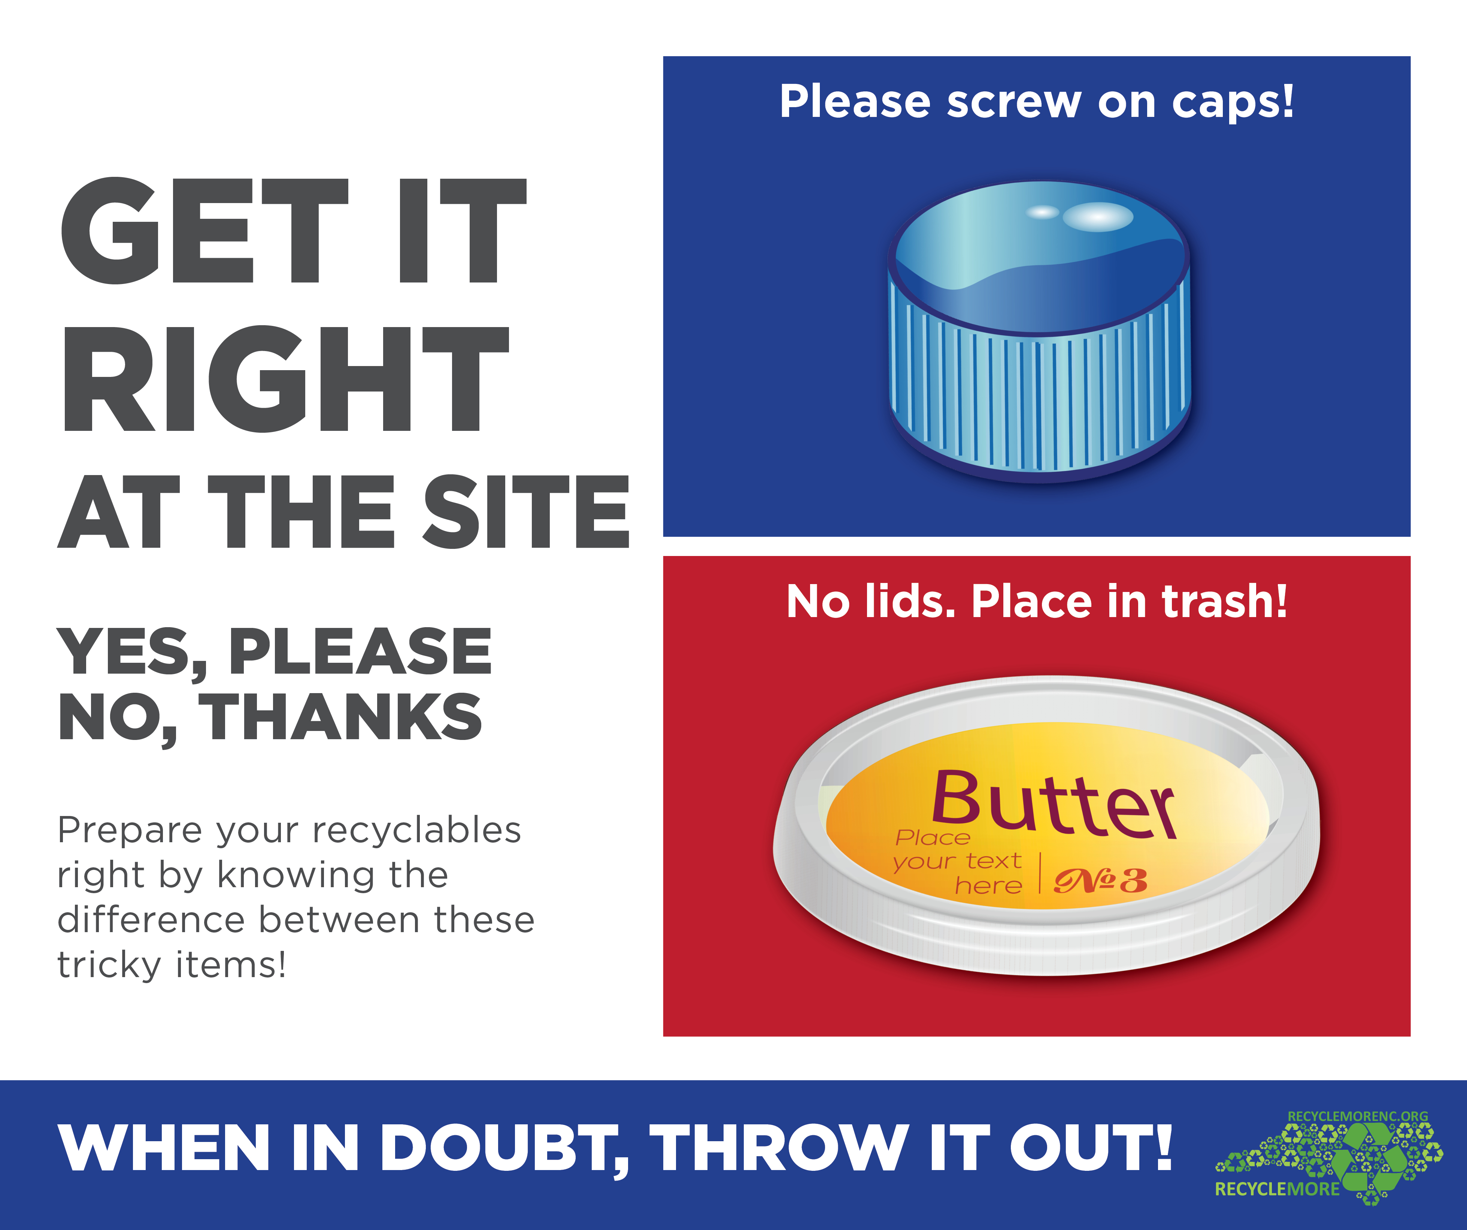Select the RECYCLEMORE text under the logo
click(x=1277, y=1189)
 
